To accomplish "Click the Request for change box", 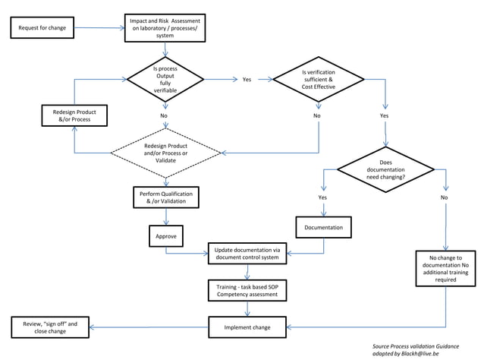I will [42, 29].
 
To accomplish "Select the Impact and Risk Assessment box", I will [165, 28].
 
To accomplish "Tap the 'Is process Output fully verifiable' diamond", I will [165, 78].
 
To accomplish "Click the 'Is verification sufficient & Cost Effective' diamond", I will [318, 79].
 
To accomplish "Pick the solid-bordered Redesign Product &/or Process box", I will [74, 115].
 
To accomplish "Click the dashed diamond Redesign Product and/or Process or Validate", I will [165, 151].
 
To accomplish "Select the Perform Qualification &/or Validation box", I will [165, 198].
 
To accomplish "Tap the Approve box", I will [165, 236].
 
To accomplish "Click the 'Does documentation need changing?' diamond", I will [385, 170].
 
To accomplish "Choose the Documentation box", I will [323, 227].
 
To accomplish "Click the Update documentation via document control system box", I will [247, 254].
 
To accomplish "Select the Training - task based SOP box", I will [247, 290].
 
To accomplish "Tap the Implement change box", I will [247, 327].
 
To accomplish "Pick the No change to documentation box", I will [445, 269].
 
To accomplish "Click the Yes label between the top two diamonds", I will [247, 79].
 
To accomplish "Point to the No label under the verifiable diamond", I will [164, 115].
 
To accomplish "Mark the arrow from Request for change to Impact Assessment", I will [101, 29].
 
